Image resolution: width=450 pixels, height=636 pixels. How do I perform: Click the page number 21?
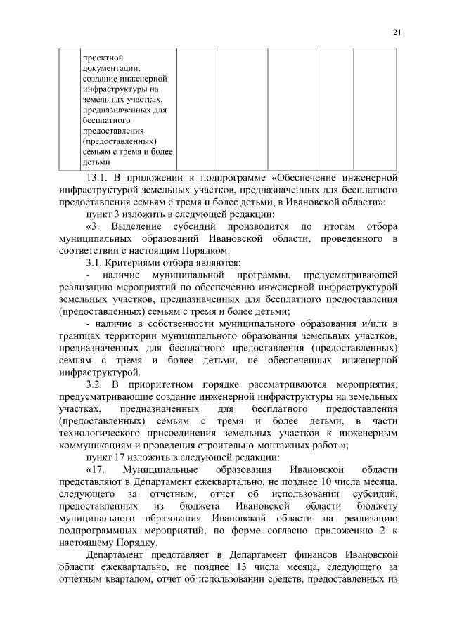pyautogui.click(x=396, y=32)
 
